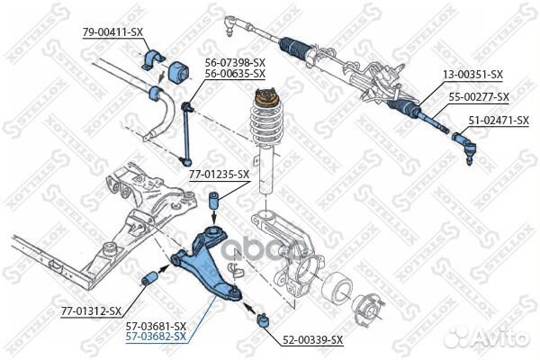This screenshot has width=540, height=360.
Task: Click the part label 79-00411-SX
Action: pyautogui.click(x=112, y=31)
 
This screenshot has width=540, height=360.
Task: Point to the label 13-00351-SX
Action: pyautogui.click(x=472, y=76)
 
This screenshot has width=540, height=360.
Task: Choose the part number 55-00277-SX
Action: pyautogui.click(x=478, y=96)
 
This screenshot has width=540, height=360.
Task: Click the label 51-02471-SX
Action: pyautogui.click(x=497, y=119)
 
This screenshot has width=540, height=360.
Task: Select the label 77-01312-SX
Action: pyautogui.click(x=91, y=310)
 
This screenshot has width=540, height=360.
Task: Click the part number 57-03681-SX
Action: pyautogui.click(x=156, y=325)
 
